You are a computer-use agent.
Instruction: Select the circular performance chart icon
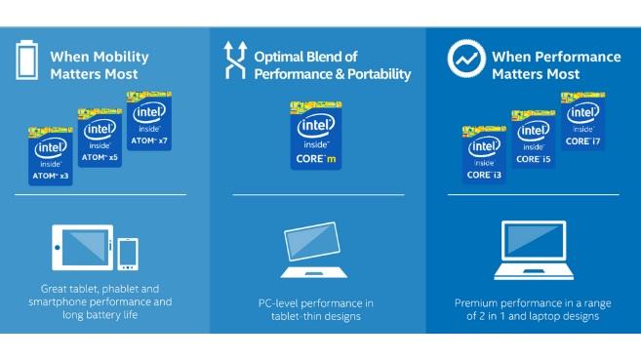point(466,60)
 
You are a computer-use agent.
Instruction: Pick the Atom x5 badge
point(100,140)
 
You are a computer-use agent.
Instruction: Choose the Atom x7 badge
point(151,118)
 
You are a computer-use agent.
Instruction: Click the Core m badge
point(317,136)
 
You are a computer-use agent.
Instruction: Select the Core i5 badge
point(533,139)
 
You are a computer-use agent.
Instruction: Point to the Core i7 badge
point(582,120)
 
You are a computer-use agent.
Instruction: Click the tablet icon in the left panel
point(82,247)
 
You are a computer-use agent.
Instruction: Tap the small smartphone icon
point(127,254)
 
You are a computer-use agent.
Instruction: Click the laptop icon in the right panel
point(533,249)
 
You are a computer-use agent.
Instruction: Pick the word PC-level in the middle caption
point(279,302)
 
